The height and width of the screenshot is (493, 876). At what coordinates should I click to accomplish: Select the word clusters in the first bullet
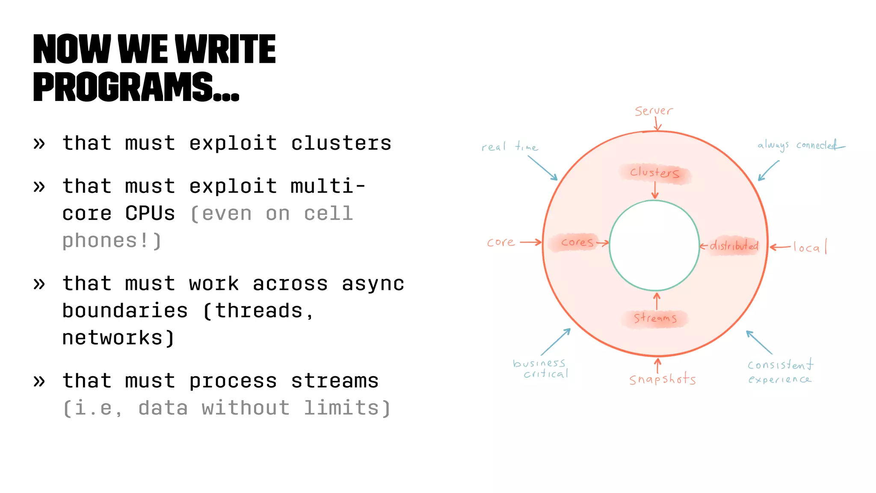pyautogui.click(x=341, y=143)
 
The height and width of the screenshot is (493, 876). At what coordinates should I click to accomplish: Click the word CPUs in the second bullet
pyautogui.click(x=150, y=213)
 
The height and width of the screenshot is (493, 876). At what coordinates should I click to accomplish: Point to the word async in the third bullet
pyautogui.click(x=373, y=283)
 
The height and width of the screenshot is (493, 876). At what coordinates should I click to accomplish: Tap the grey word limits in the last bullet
pyautogui.click(x=341, y=408)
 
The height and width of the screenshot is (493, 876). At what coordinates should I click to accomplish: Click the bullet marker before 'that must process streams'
pyautogui.click(x=39, y=381)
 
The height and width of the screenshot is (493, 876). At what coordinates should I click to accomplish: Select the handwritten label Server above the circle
pyautogui.click(x=654, y=111)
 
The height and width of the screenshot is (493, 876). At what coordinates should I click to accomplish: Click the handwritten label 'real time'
pyautogui.click(x=509, y=147)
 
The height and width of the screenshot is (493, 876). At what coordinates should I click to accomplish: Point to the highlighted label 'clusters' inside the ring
pyautogui.click(x=654, y=173)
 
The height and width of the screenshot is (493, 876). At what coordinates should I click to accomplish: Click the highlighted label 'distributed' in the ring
pyautogui.click(x=734, y=246)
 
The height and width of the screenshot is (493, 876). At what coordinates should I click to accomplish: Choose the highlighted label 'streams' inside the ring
pyautogui.click(x=655, y=318)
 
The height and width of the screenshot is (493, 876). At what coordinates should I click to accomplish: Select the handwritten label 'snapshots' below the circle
pyautogui.click(x=662, y=379)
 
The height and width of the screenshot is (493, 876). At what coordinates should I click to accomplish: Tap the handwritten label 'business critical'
pyautogui.click(x=541, y=368)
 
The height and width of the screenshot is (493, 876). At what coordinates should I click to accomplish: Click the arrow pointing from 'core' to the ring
pyautogui.click(x=530, y=243)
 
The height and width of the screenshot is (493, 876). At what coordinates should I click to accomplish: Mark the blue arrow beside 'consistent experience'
pyautogui.click(x=759, y=342)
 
